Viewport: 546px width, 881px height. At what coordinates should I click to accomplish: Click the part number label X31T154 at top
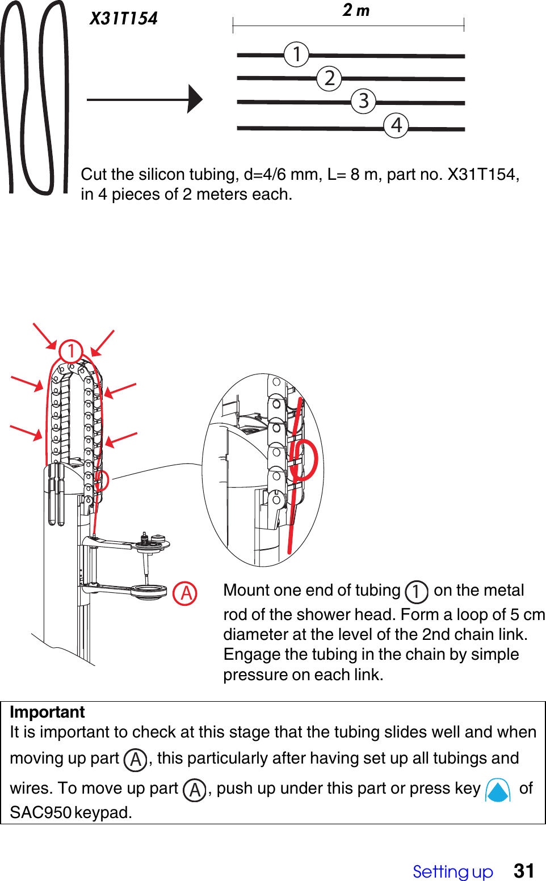[124, 19]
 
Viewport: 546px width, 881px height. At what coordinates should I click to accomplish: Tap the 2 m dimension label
[356, 10]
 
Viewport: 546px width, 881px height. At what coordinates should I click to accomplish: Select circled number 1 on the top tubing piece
[296, 54]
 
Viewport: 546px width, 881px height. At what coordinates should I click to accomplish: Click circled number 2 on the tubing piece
[329, 78]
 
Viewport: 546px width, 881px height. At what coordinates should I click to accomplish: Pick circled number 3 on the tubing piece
[363, 102]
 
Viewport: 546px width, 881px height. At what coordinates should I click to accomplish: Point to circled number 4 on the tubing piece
[396, 125]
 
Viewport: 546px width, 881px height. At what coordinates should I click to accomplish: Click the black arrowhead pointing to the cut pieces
[195, 99]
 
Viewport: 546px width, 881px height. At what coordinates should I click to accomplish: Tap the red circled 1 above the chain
[71, 351]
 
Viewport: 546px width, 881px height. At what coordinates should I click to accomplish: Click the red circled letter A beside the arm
[185, 593]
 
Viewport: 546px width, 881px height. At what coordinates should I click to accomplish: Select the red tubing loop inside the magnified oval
[304, 460]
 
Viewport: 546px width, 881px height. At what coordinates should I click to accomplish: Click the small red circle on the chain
[102, 480]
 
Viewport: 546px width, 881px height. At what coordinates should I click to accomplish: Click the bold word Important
[47, 712]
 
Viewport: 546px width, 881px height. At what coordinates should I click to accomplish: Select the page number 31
[523, 871]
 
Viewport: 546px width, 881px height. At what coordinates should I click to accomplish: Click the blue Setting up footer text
[452, 871]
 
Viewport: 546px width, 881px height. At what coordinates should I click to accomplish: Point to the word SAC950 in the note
[40, 812]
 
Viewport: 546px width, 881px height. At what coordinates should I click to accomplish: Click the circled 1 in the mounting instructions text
[416, 592]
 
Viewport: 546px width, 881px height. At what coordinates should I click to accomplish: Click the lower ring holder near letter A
[149, 592]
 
